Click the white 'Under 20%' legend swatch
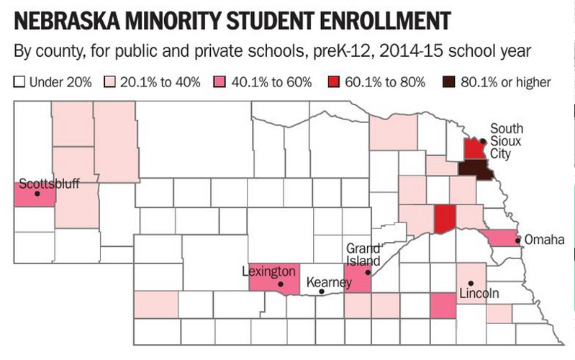19,82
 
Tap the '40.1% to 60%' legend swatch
215,82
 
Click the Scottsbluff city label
49,183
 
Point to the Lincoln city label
479,294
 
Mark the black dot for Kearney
321,292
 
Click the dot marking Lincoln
470,283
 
